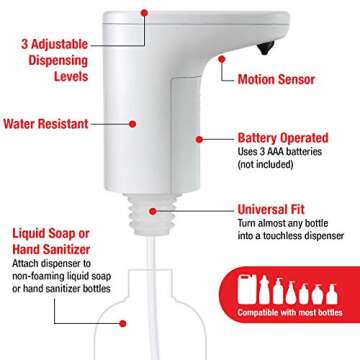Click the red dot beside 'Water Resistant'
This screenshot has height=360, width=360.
[134, 123]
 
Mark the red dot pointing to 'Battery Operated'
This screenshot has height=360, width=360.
[199, 140]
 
